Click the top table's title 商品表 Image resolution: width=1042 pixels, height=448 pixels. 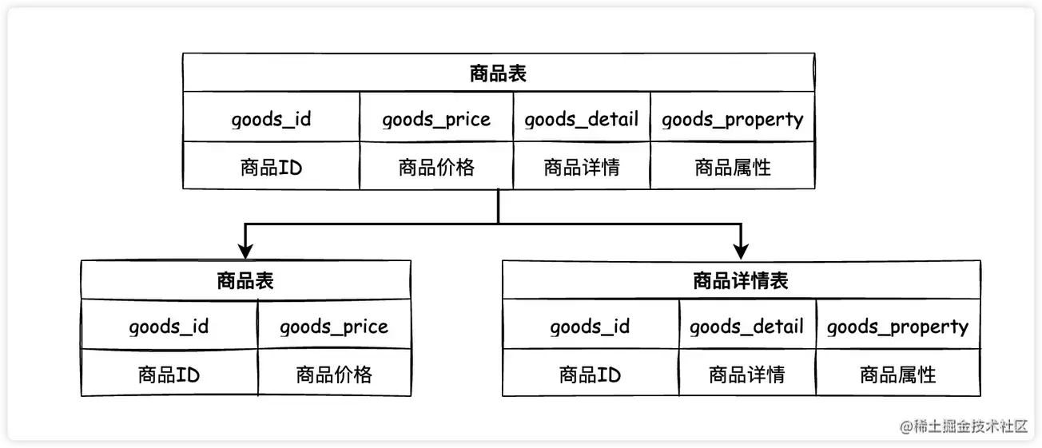point(498,74)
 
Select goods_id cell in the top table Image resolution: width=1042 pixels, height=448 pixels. point(271,120)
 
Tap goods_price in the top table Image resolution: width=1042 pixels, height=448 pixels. point(435,120)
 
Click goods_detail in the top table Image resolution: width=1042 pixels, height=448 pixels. point(581,120)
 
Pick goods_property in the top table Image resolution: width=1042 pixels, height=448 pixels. point(732,120)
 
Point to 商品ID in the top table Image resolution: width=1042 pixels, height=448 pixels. point(271,167)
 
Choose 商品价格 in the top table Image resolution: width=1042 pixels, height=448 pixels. point(435,167)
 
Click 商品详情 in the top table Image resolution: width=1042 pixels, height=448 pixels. point(581,167)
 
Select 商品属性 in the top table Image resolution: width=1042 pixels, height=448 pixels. point(732,167)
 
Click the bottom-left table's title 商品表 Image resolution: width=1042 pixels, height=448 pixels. point(245,281)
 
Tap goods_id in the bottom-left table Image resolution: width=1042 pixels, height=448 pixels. point(169,327)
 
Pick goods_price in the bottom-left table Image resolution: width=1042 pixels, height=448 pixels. point(334,327)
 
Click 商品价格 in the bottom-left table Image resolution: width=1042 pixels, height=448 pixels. point(334,374)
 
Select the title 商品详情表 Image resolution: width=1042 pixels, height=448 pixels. point(741,281)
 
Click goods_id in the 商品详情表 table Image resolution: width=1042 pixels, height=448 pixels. point(590,327)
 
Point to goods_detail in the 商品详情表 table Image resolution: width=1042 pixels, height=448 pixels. point(746,327)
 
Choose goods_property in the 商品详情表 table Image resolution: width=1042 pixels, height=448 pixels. point(897,327)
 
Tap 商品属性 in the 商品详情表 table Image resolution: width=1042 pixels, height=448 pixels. point(897,374)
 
